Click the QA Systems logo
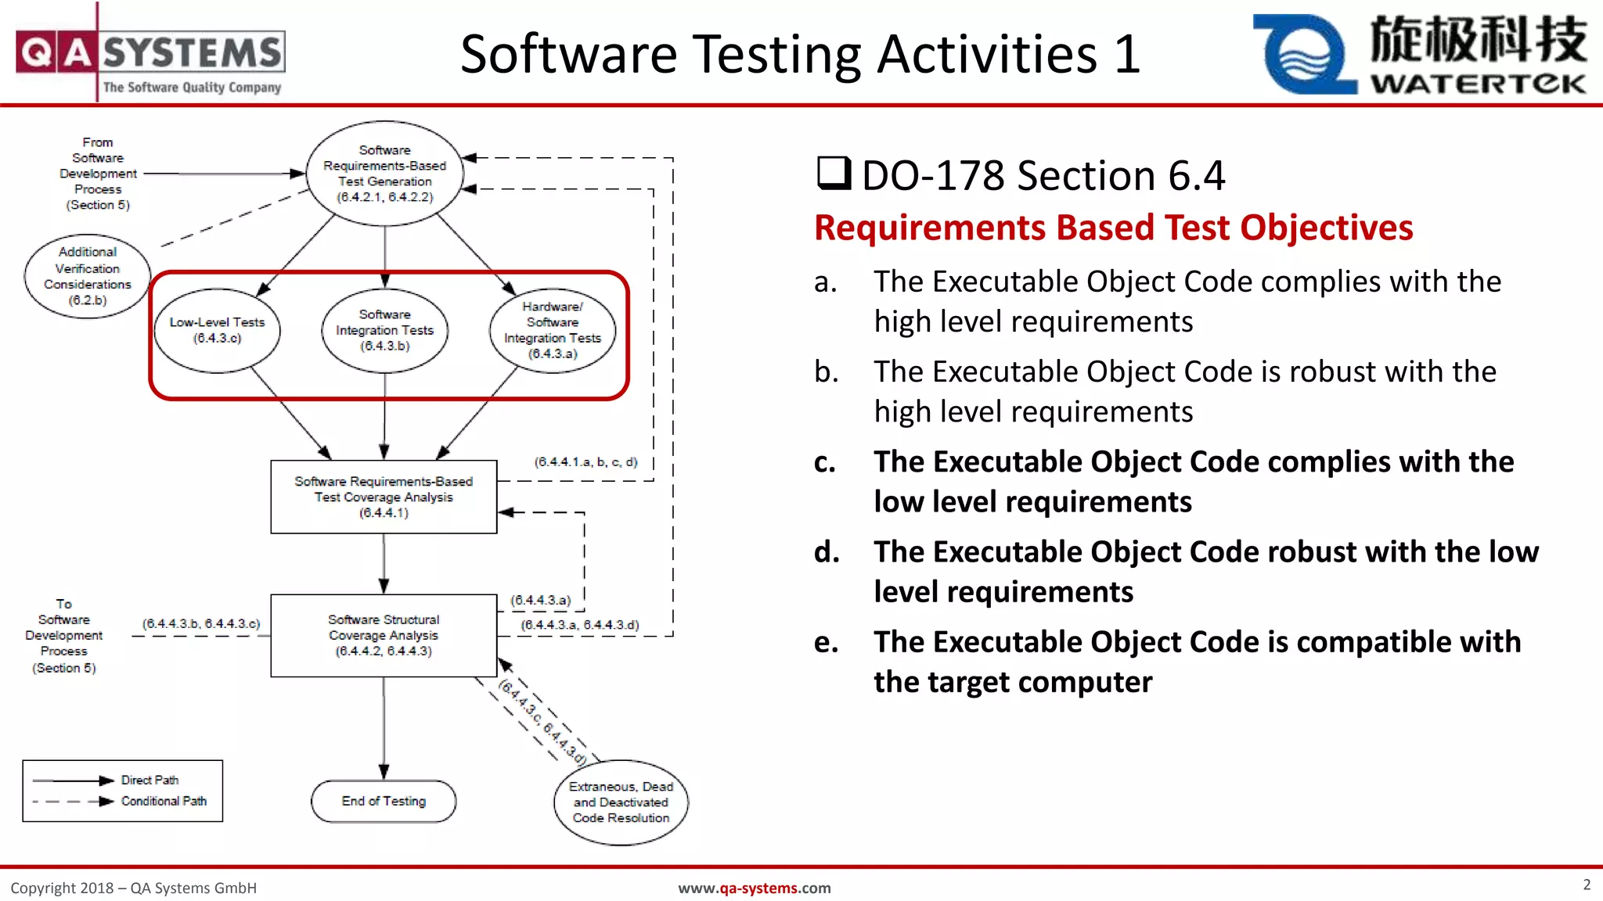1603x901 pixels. point(150,55)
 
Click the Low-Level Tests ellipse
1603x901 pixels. point(217,330)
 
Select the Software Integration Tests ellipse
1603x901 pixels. point(384,330)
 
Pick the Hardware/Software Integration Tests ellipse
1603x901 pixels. point(553,330)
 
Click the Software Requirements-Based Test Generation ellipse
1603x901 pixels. point(384,174)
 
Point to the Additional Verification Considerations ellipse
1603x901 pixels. point(87,276)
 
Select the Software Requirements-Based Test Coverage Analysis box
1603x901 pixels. point(384,497)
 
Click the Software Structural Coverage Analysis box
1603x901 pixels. point(384,635)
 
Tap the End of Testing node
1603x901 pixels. point(384,801)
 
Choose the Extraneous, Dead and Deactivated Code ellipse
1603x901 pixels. point(621,802)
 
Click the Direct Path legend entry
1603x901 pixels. point(149,781)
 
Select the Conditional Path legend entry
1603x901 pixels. point(164,802)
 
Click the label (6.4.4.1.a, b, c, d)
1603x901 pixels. point(585,462)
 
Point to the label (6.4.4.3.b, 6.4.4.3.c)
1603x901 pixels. point(201,624)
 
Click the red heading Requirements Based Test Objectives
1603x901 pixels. point(1113,228)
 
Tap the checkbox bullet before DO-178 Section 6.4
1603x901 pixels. point(834,173)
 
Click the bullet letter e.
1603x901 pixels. point(826,642)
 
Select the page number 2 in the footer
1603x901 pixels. point(1587,885)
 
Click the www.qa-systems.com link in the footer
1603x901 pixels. point(754,888)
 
